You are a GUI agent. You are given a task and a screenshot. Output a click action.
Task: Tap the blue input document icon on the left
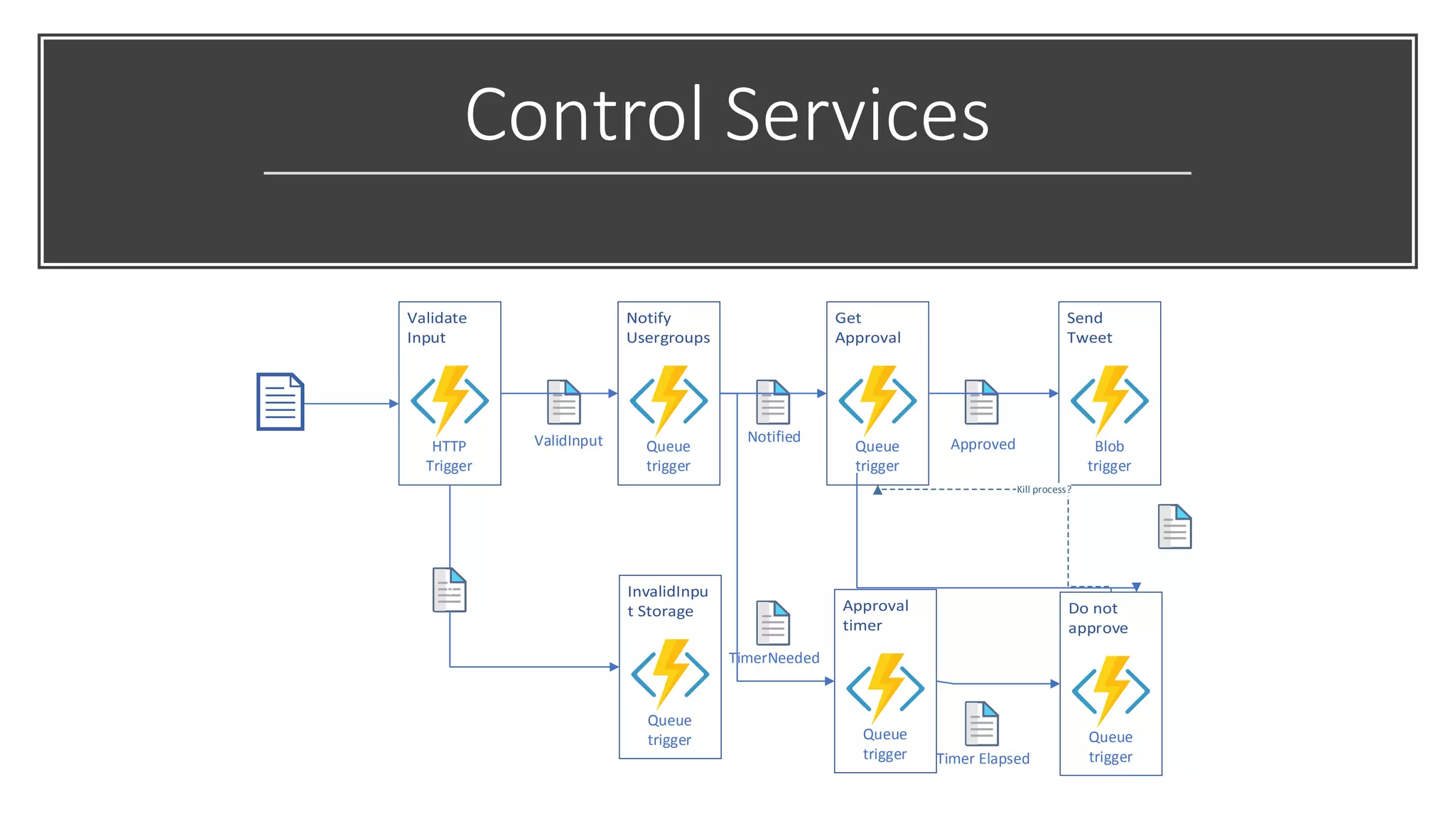(280, 402)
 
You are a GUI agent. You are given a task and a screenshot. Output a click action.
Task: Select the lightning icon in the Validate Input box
(450, 400)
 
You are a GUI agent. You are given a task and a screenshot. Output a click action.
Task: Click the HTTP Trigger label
(449, 456)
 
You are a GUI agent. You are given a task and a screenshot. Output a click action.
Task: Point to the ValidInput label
(568, 441)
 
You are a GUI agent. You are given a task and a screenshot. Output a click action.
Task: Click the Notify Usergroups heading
(668, 328)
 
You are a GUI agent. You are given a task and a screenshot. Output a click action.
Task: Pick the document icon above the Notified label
(773, 402)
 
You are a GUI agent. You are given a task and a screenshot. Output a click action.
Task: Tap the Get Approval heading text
(867, 328)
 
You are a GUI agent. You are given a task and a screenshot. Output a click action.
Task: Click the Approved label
(983, 444)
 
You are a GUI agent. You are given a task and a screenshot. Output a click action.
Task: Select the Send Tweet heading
(1088, 328)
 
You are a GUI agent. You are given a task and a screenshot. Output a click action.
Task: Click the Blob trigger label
(1109, 456)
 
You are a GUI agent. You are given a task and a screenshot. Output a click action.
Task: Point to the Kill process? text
(1042, 489)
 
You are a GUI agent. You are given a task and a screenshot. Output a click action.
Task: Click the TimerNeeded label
(774, 658)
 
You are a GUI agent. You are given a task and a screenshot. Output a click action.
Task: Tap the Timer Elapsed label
(983, 759)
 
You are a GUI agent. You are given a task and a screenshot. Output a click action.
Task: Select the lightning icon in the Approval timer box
(885, 687)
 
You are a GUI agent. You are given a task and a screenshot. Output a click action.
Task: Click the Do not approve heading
(1098, 618)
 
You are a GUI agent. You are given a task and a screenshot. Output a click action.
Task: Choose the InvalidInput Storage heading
(667, 601)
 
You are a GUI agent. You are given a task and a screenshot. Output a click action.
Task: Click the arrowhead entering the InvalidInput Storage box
(615, 667)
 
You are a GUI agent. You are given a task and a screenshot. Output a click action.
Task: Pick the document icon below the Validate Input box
(450, 589)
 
